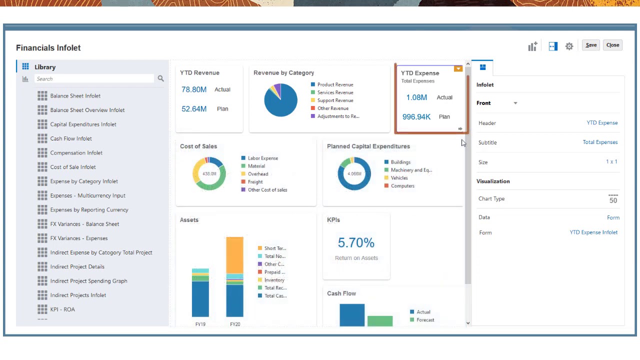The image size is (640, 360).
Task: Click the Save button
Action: [x=591, y=45]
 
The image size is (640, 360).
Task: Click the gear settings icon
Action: [x=569, y=46]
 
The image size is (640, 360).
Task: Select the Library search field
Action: [x=94, y=79]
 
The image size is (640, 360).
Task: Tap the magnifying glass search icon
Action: [x=160, y=78]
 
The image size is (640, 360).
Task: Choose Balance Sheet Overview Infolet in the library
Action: [x=87, y=110]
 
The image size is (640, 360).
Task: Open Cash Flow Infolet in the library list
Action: [x=70, y=138]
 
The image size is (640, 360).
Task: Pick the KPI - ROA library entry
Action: [x=62, y=309]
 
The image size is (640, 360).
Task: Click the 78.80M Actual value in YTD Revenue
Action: [x=194, y=89]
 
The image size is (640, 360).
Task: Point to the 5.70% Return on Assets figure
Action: [x=356, y=243]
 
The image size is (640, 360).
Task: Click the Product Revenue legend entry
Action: [x=335, y=84]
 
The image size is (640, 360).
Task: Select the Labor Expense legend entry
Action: [x=262, y=158]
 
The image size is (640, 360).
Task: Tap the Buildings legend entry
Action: [x=400, y=162]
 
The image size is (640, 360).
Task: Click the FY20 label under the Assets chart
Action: [x=235, y=324]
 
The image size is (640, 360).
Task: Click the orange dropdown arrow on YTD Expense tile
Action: [x=458, y=68]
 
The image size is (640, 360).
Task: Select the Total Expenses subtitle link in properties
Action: [x=600, y=142]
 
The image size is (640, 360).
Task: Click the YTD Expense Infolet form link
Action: [x=593, y=232]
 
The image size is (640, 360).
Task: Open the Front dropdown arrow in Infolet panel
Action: [x=515, y=103]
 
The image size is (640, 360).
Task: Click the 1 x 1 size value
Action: [x=611, y=161]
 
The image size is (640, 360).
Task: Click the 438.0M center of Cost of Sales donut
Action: [x=209, y=173]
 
